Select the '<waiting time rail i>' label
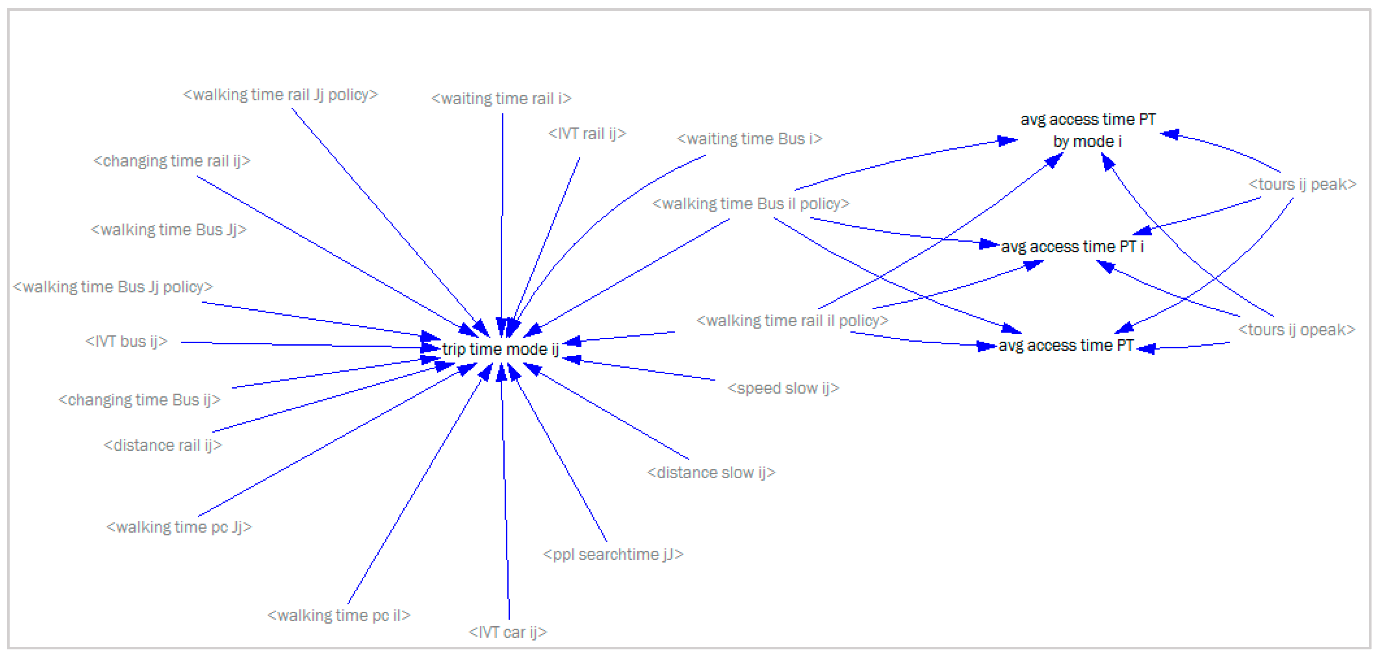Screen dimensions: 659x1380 point(501,98)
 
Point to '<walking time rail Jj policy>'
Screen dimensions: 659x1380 point(280,95)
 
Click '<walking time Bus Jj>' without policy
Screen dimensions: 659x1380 point(169,230)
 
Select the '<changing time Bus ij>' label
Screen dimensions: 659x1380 point(139,400)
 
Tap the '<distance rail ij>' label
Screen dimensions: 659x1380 point(163,445)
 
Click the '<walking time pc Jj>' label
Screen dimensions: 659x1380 point(179,527)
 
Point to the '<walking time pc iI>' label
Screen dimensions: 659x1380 point(339,616)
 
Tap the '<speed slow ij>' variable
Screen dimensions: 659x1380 point(783,388)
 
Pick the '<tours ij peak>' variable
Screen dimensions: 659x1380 point(1302,184)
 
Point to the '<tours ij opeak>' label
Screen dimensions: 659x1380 point(1296,330)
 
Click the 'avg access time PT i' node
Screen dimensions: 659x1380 point(1072,247)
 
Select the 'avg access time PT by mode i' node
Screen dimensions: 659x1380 point(1088,130)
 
